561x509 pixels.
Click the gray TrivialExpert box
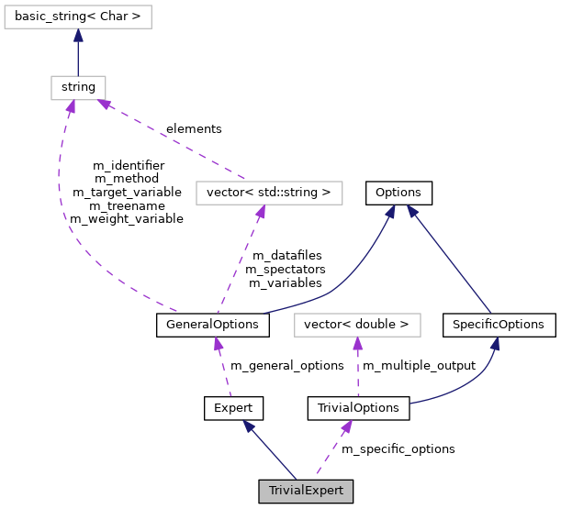click(x=306, y=491)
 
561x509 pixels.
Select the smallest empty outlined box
click(x=78, y=88)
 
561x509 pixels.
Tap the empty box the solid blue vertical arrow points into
click(x=78, y=17)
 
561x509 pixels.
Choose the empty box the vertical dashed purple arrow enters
click(x=357, y=325)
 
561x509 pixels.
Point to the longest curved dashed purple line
click(x=73, y=229)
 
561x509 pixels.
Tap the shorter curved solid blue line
click(x=468, y=385)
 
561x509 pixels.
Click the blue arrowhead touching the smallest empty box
click(x=78, y=36)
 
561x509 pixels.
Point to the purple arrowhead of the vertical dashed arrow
click(x=357, y=344)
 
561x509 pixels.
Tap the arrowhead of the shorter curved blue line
click(x=494, y=345)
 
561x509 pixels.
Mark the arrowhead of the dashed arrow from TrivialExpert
click(x=346, y=427)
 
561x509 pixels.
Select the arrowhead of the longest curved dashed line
click(x=70, y=108)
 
